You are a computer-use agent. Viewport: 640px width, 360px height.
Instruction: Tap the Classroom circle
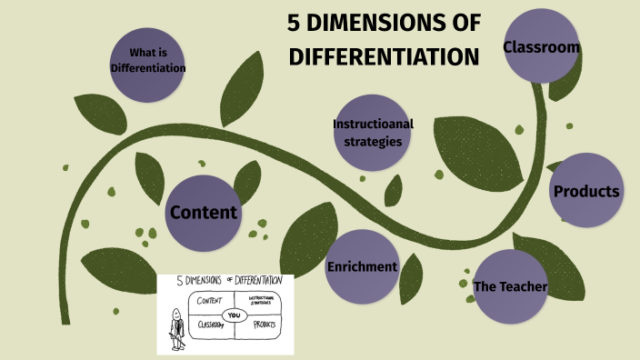pyautogui.click(x=542, y=46)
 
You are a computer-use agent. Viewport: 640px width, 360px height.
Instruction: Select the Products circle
pyautogui.click(x=586, y=191)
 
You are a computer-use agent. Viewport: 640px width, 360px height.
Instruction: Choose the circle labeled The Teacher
pyautogui.click(x=510, y=287)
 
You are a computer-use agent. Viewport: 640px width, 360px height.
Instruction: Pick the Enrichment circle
pyautogui.click(x=362, y=266)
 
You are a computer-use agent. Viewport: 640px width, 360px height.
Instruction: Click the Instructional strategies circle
pyautogui.click(x=367, y=132)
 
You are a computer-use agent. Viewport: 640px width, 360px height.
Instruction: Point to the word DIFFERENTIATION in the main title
pyautogui.click(x=383, y=56)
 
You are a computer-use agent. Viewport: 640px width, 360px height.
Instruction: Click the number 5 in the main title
pyautogui.click(x=293, y=24)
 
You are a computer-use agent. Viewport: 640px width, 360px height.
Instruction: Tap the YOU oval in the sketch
pyautogui.click(x=235, y=315)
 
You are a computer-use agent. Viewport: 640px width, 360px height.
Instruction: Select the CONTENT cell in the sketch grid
pyautogui.click(x=210, y=300)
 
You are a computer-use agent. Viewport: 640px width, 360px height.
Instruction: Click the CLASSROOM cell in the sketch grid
pyautogui.click(x=208, y=325)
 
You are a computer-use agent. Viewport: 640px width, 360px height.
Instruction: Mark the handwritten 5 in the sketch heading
pyautogui.click(x=179, y=280)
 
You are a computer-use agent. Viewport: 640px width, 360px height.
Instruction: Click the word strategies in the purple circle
pyautogui.click(x=367, y=141)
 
